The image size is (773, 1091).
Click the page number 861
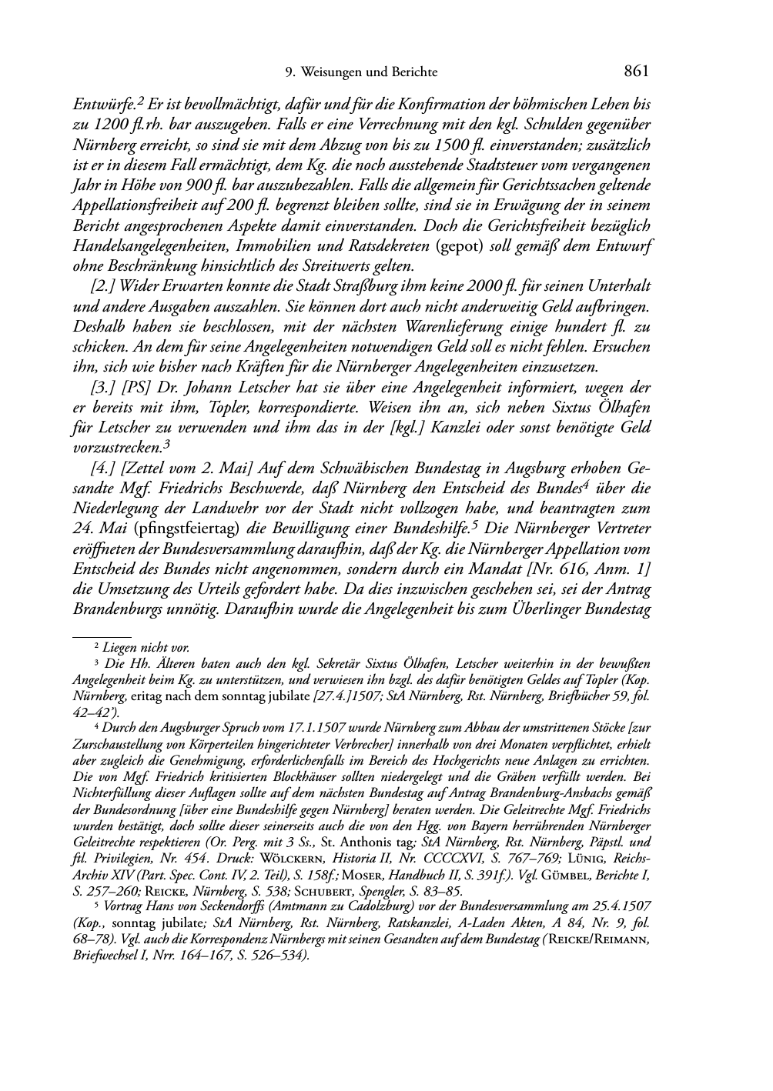click(637, 72)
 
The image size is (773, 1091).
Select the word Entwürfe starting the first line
click(99, 104)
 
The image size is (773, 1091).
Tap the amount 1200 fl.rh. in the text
click(130, 124)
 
